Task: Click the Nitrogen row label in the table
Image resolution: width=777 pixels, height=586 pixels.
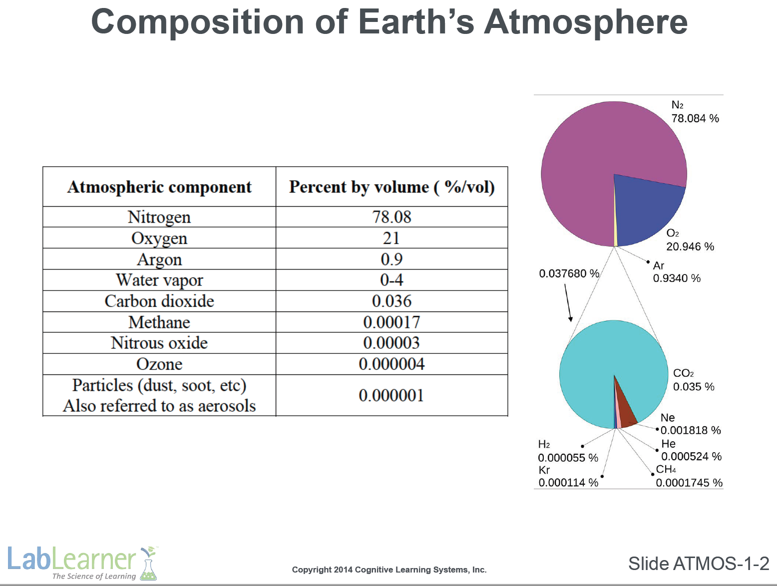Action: [159, 217]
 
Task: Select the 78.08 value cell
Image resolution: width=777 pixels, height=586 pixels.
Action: [391, 217]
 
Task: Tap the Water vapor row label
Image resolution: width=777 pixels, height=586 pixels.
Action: [159, 280]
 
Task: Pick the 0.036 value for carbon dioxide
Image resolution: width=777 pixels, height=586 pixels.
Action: [391, 301]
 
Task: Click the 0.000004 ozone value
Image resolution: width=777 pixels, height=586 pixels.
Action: [391, 364]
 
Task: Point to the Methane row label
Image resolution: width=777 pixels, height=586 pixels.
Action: [159, 322]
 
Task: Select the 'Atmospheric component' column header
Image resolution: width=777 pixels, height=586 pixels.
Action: [159, 187]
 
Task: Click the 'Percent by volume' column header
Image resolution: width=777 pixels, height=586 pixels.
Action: [391, 187]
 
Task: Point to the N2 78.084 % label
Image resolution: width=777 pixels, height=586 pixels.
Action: [695, 111]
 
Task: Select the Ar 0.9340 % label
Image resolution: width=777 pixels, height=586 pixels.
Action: [677, 272]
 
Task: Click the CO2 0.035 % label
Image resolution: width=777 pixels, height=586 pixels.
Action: [694, 380]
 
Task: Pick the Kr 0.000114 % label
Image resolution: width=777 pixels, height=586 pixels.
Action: [568, 476]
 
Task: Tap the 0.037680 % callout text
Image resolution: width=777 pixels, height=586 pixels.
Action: [569, 274]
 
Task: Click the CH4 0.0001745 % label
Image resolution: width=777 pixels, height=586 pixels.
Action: [689, 476]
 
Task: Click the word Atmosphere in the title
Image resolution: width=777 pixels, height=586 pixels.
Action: [585, 22]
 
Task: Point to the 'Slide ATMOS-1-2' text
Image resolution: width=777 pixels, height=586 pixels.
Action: [699, 564]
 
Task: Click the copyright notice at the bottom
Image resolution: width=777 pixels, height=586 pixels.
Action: [389, 570]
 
